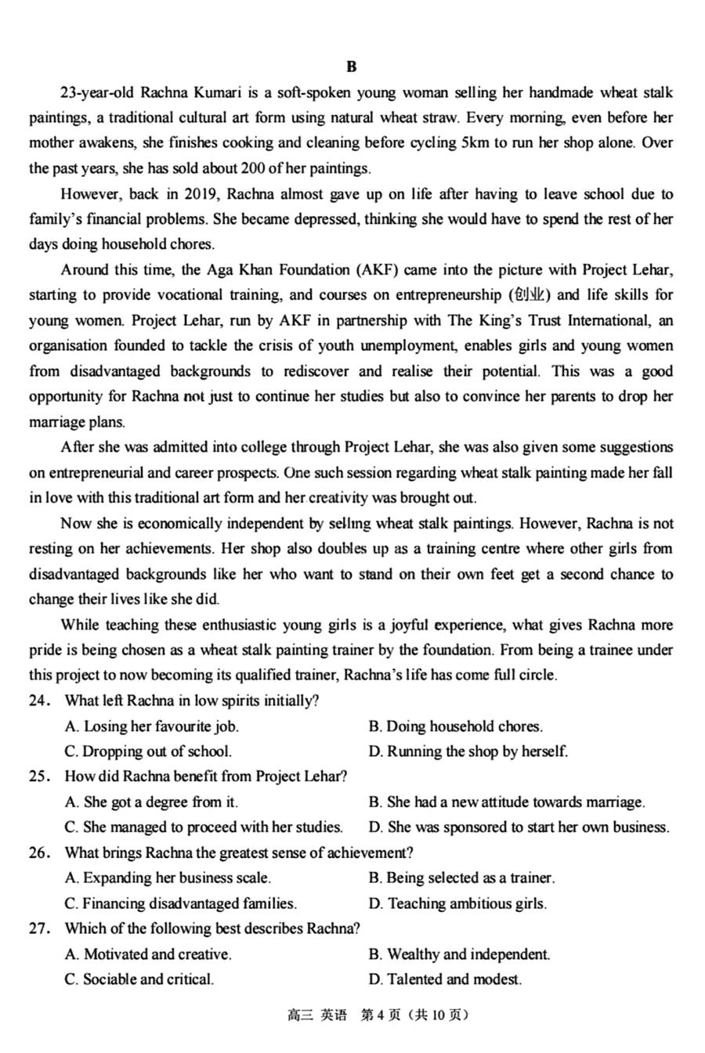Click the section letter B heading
point(352,67)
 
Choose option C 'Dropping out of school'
point(148,752)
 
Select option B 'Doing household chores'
point(455,727)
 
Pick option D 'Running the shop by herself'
point(468,752)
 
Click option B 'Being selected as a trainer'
point(461,878)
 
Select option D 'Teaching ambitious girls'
point(457,903)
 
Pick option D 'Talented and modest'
point(445,979)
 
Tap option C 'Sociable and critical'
point(139,979)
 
